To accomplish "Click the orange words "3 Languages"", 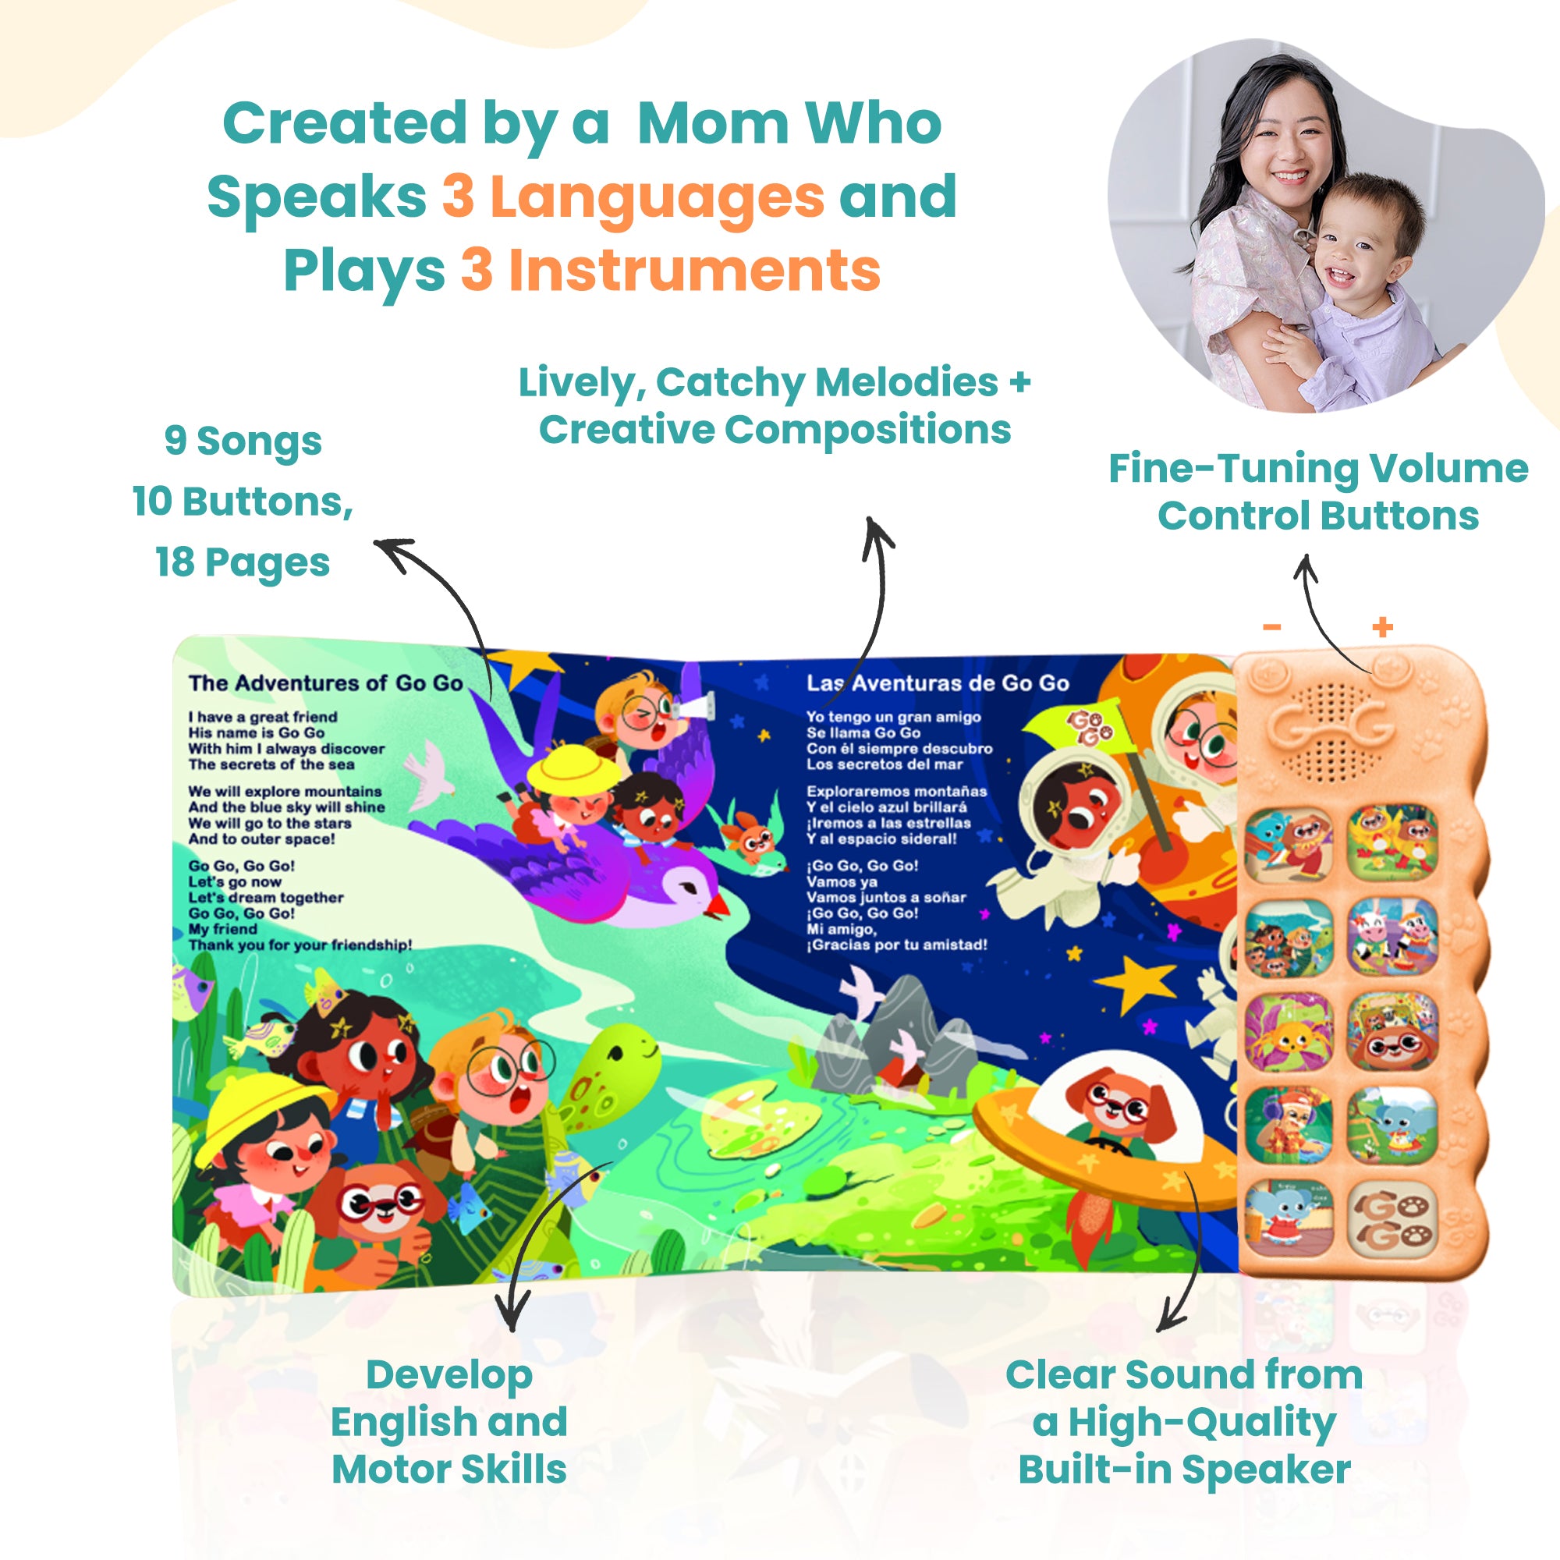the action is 633,198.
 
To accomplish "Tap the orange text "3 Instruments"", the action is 670,271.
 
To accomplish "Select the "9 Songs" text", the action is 243,442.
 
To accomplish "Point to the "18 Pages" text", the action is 243,563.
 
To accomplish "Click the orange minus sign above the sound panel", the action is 1272,626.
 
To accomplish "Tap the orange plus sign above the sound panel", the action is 1383,626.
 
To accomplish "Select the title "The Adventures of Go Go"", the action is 325,683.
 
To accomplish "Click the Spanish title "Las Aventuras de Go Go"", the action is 938,683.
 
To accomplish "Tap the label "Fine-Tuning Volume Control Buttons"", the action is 1317,491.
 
